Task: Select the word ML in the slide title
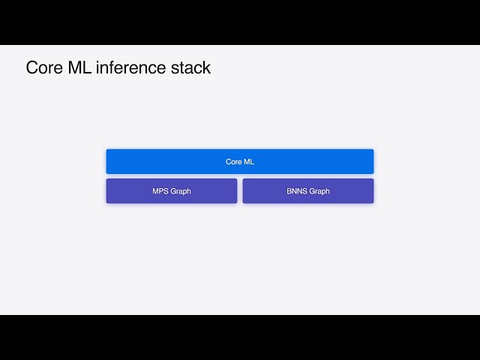(x=80, y=67)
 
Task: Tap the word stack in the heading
(x=192, y=67)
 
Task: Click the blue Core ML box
(x=239, y=161)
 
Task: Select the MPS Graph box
(x=171, y=190)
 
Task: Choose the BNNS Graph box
(x=307, y=190)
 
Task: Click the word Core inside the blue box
(x=233, y=161)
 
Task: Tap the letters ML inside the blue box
(x=249, y=161)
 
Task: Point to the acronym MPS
(x=160, y=191)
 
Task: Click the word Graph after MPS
(x=181, y=191)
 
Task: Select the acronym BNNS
(x=297, y=191)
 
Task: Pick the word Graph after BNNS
(x=319, y=191)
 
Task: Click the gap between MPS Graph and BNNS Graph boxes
(x=240, y=190)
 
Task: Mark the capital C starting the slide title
(x=31, y=67)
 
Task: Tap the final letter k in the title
(x=207, y=67)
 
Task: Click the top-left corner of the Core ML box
(x=107, y=150)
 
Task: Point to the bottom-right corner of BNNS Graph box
(x=373, y=202)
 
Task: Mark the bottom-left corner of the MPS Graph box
(x=107, y=202)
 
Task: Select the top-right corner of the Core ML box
(x=373, y=150)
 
